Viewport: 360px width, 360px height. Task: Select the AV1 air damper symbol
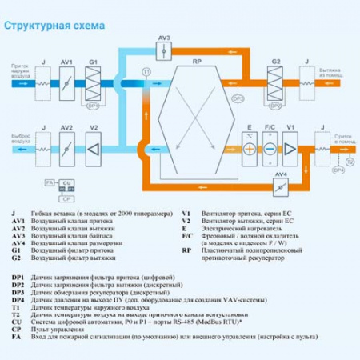67,82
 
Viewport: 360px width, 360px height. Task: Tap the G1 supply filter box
93,82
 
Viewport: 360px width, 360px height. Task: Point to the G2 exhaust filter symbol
276,82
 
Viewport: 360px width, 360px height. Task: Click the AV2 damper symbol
67,149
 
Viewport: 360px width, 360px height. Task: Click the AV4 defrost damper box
280,186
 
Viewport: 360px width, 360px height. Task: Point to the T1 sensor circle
146,73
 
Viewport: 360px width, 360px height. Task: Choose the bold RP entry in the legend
186,250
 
